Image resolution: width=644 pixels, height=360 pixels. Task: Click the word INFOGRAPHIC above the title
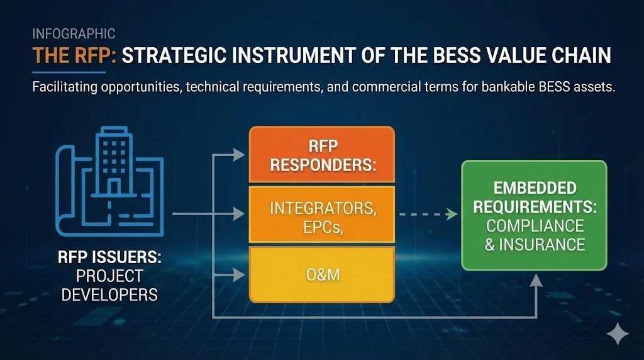(x=73, y=33)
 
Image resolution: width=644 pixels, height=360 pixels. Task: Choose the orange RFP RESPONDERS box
(x=321, y=154)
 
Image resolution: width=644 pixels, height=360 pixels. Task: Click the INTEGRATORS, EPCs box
(x=321, y=216)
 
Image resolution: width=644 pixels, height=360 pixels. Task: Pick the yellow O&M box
(x=321, y=275)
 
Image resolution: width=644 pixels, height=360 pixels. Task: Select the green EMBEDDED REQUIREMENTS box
(x=534, y=215)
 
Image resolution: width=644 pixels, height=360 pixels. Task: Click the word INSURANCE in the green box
(x=535, y=244)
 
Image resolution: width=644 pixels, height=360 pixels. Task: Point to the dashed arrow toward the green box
(x=428, y=215)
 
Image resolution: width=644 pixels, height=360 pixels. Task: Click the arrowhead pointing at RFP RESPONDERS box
(x=239, y=154)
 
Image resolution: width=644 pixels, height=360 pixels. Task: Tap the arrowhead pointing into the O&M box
(x=239, y=274)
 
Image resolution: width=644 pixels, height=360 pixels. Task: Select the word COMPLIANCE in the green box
(x=535, y=225)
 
